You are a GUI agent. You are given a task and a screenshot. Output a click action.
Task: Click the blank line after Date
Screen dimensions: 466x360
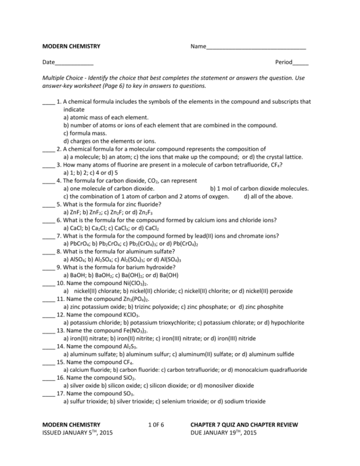coord(74,63)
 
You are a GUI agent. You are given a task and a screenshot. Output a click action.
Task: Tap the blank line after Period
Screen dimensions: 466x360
coord(300,63)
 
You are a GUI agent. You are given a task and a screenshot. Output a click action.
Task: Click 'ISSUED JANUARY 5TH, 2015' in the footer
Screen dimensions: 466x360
coord(77,433)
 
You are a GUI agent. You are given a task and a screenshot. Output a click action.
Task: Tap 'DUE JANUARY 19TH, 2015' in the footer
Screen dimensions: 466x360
coord(223,433)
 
